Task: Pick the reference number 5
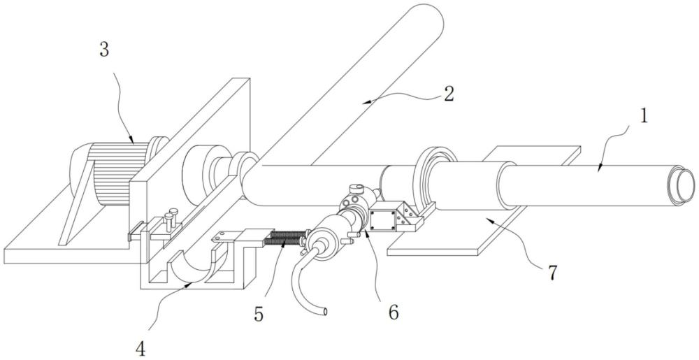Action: (259, 314)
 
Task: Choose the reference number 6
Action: (394, 312)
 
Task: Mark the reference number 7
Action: (552, 273)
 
